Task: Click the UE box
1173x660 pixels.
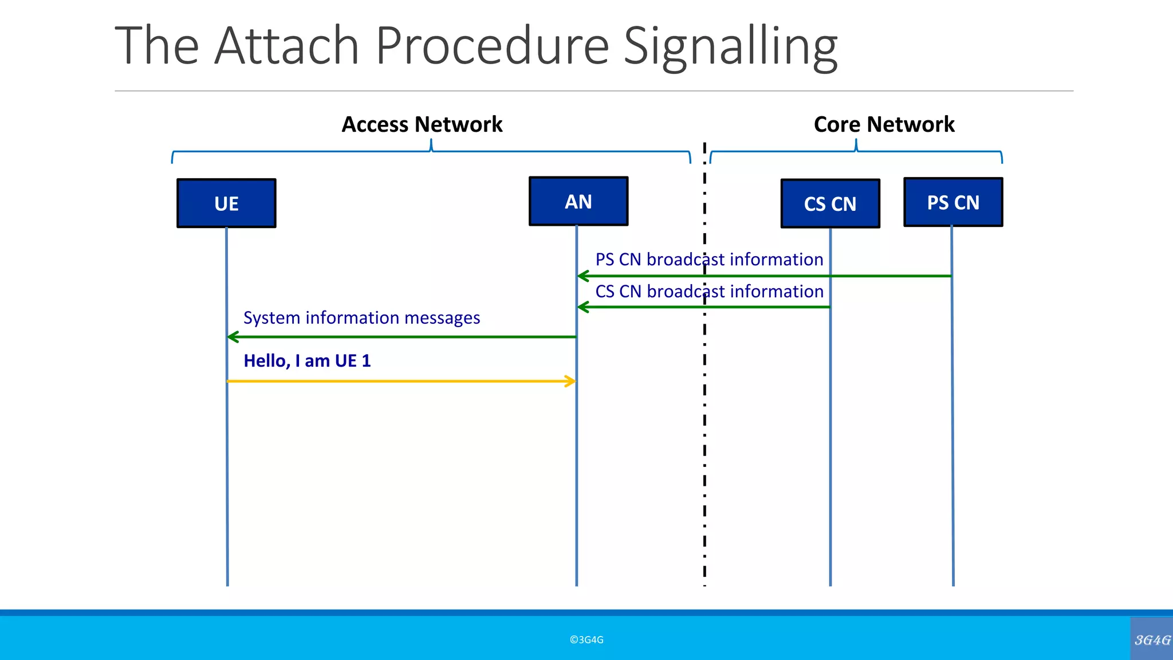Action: pos(226,203)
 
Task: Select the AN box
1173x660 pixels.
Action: pos(578,202)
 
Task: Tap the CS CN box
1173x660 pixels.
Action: pos(830,204)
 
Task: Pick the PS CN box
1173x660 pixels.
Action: pos(953,202)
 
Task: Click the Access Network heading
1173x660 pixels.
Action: pos(422,124)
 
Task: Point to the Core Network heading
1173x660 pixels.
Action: pos(884,124)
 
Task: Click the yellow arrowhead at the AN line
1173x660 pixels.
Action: pos(570,381)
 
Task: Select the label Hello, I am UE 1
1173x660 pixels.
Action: pos(307,361)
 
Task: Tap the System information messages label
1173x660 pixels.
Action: pos(361,318)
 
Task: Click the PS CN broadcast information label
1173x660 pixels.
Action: pos(709,260)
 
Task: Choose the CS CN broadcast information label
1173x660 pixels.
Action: pos(709,292)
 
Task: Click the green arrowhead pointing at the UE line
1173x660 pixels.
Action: pos(233,337)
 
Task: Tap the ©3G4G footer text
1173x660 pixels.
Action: pos(586,640)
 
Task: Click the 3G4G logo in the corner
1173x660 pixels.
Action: pos(1152,640)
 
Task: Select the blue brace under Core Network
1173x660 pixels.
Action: pos(856,152)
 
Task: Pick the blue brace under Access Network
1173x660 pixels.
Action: pos(431,152)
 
